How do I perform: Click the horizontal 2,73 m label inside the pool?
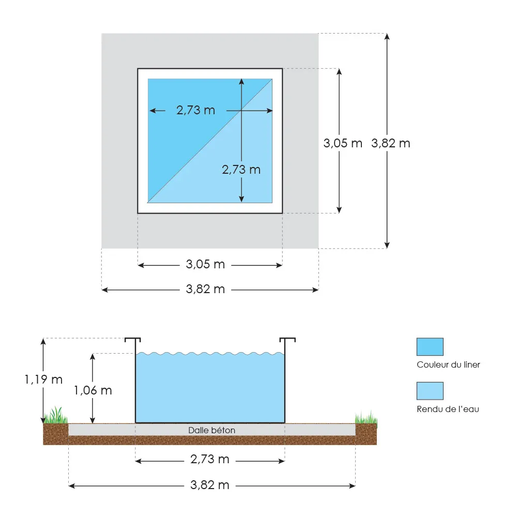[195, 110]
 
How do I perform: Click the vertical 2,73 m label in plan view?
[241, 169]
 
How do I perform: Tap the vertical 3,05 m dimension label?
[343, 143]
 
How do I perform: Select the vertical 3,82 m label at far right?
[391, 143]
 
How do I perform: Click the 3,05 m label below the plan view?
[205, 265]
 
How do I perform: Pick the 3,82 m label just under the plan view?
[205, 290]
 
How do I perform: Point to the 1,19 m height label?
[43, 379]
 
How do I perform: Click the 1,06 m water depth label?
[93, 390]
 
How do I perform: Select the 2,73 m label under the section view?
[210, 459]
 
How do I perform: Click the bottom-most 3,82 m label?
[210, 485]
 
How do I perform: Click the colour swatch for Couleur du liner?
[430, 346]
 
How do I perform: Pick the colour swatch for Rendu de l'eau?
[430, 391]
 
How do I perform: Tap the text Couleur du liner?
[448, 365]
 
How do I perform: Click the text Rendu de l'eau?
[448, 409]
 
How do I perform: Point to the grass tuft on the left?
[56, 416]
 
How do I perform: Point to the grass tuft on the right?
[366, 417]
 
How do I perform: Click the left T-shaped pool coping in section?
[133, 340]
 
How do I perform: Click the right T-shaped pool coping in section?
[287, 340]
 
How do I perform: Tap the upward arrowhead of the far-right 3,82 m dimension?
[387, 36]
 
